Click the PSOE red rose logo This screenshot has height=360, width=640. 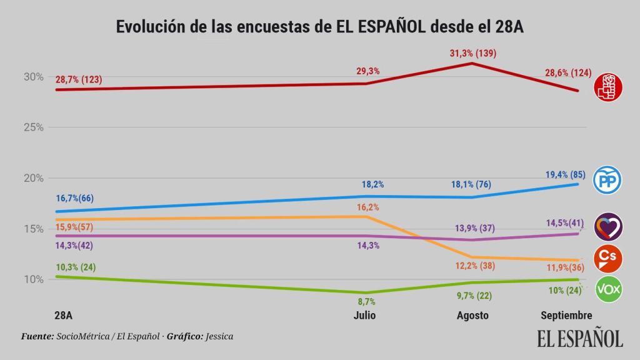[608, 86]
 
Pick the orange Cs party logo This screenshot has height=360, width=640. [608, 257]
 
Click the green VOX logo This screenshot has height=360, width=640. [608, 289]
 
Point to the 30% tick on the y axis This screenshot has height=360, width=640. [34, 77]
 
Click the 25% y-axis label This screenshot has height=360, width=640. [34, 127]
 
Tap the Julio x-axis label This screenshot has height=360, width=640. [364, 315]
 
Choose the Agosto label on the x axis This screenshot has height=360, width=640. [472, 315]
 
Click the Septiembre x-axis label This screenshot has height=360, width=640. [566, 315]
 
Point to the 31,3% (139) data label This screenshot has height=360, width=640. [472, 53]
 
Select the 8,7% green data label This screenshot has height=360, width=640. [367, 301]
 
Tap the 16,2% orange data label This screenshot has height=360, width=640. [368, 207]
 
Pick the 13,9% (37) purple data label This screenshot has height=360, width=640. [472, 228]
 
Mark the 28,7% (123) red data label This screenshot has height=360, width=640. [79, 79]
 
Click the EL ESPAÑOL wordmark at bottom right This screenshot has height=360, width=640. [580, 337]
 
